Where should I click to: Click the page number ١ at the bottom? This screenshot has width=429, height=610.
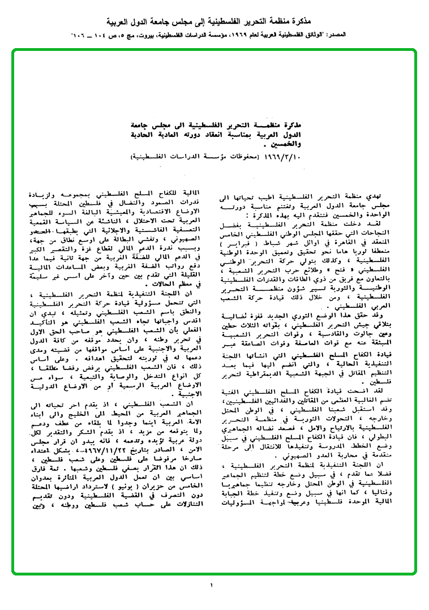click(x=212, y=585)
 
